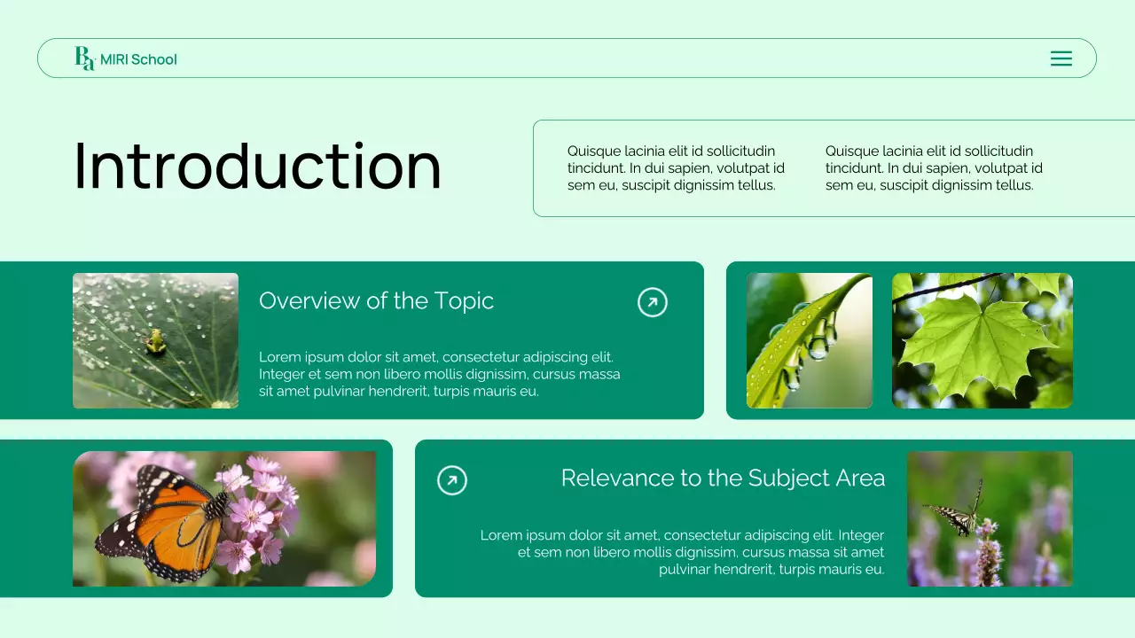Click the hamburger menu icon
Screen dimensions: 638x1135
[1061, 58]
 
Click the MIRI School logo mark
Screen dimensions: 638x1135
[84, 58]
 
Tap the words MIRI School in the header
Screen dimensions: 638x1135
[138, 59]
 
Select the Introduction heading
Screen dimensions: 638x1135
[257, 167]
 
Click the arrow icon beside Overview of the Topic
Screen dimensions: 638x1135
[653, 302]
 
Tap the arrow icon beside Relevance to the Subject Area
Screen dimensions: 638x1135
[452, 480]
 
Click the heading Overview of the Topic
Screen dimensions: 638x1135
[376, 301]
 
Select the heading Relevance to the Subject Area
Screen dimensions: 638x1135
[723, 478]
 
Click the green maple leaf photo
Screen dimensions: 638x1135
[982, 340]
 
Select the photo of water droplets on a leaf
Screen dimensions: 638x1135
[809, 340]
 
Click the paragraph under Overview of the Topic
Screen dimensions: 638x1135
[439, 374]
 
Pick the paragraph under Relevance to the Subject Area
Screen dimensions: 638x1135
[683, 552]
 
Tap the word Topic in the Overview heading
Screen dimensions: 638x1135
[464, 301]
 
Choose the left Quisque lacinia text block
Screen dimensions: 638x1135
[676, 168]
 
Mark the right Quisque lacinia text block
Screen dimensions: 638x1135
[934, 168]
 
